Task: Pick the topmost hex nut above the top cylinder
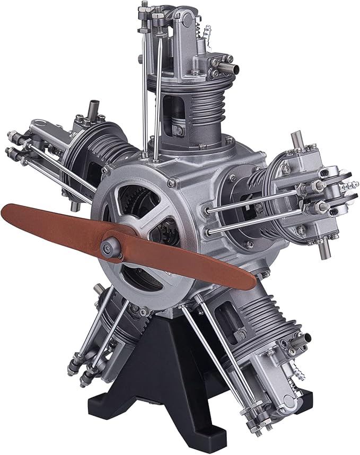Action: [144, 6]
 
